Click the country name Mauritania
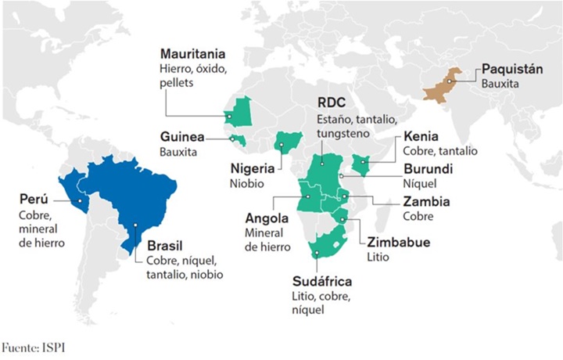[x=192, y=55]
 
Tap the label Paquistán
[x=511, y=68]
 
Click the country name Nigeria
[x=252, y=168]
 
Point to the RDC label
[x=332, y=103]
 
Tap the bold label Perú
[x=37, y=198]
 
